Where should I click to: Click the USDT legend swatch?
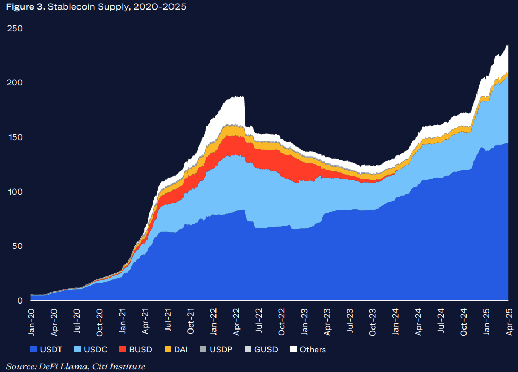34,349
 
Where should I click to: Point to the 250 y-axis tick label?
15,28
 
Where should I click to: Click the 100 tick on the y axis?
15,192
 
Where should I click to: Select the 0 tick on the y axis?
20,301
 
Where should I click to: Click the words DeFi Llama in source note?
57,366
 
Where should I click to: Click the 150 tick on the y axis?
15,137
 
